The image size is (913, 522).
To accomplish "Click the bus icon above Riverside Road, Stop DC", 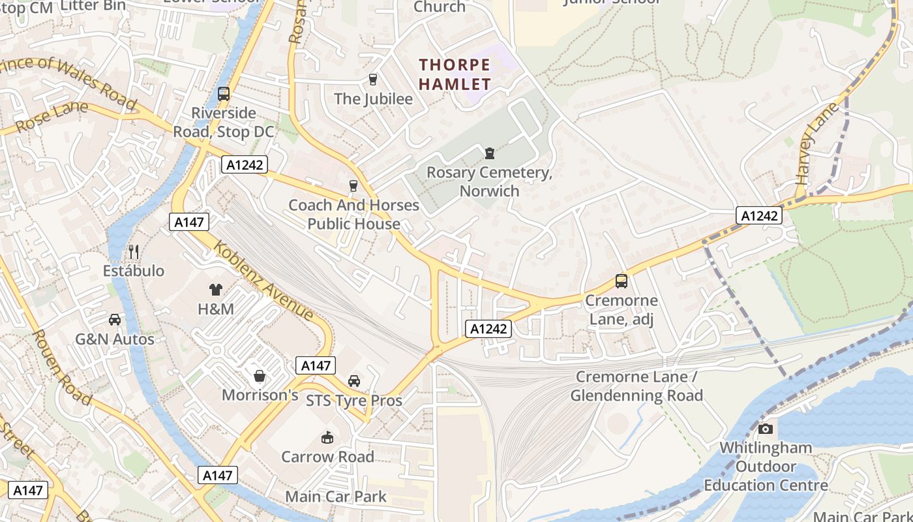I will pyautogui.click(x=224, y=93).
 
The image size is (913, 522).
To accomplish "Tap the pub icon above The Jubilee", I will pyautogui.click(x=373, y=80).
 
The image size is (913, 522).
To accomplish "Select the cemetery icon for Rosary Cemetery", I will pyautogui.click(x=489, y=153).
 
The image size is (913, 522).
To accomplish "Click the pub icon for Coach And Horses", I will pyautogui.click(x=353, y=186).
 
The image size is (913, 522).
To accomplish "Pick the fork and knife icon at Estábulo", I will pyautogui.click(x=134, y=251).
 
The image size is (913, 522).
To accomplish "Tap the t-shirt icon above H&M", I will pyautogui.click(x=216, y=290).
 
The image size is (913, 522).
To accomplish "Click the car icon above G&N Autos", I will pyautogui.click(x=115, y=320).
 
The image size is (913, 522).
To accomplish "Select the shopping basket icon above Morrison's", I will pyautogui.click(x=260, y=376).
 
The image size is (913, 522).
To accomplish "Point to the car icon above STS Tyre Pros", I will pyautogui.click(x=354, y=381).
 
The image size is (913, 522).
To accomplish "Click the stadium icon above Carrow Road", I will pyautogui.click(x=327, y=437).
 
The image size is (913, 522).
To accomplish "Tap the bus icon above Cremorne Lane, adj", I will pyautogui.click(x=621, y=281).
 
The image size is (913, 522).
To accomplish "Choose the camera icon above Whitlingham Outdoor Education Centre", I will pyautogui.click(x=766, y=429).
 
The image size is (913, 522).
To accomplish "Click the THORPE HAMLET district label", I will pyautogui.click(x=455, y=74).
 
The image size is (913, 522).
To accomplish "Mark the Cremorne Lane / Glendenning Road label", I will pyautogui.click(x=636, y=386).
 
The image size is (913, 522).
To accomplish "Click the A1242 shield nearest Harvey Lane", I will pyautogui.click(x=759, y=215).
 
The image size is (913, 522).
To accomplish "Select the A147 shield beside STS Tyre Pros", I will pyautogui.click(x=316, y=365).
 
